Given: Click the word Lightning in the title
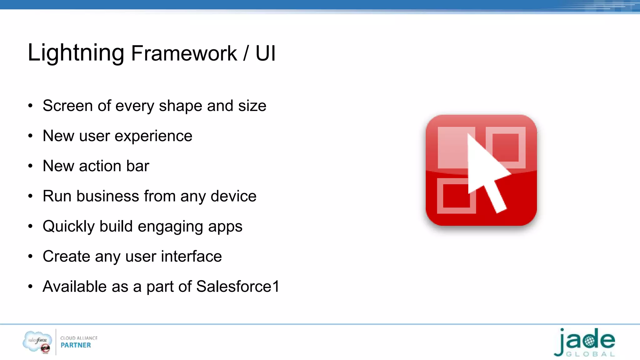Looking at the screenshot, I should pos(76,53).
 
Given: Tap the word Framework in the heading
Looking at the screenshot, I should pos(184,53).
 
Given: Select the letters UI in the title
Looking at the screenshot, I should pos(265,53).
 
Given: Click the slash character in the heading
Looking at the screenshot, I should pos(246,53).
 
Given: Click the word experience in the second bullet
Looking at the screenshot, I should pos(153,136).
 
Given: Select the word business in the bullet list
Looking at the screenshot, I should pos(107,196).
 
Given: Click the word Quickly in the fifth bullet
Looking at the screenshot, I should pos(68,227).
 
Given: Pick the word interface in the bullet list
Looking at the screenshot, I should pos(191,257).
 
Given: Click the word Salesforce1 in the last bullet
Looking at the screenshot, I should pos(237,287).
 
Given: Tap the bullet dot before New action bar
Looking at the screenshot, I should pos(30,166).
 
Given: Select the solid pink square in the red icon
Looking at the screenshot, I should pos(452,147).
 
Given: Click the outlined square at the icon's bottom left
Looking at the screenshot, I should pos(456,196).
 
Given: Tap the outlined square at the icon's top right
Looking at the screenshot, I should pos(506,147).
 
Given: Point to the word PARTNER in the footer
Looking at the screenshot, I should pos(76,345).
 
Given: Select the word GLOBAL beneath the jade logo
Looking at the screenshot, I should pos(590,354).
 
